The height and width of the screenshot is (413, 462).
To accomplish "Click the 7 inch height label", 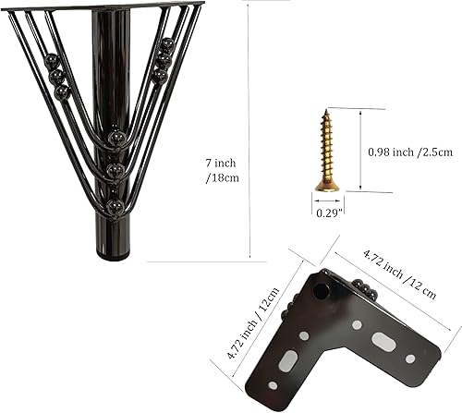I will (x=219, y=163).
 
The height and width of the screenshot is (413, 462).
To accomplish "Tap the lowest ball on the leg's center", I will (x=115, y=206).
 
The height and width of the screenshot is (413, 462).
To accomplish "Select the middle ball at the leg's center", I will (x=115, y=171).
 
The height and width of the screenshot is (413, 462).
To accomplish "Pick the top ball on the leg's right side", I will (x=166, y=44).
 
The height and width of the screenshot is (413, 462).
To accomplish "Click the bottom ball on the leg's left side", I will (x=62, y=92).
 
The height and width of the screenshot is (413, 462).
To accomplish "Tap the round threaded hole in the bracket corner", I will (x=321, y=291).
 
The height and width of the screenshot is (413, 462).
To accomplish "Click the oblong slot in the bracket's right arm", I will (x=383, y=339).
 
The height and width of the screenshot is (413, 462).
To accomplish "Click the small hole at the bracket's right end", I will (x=410, y=358).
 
